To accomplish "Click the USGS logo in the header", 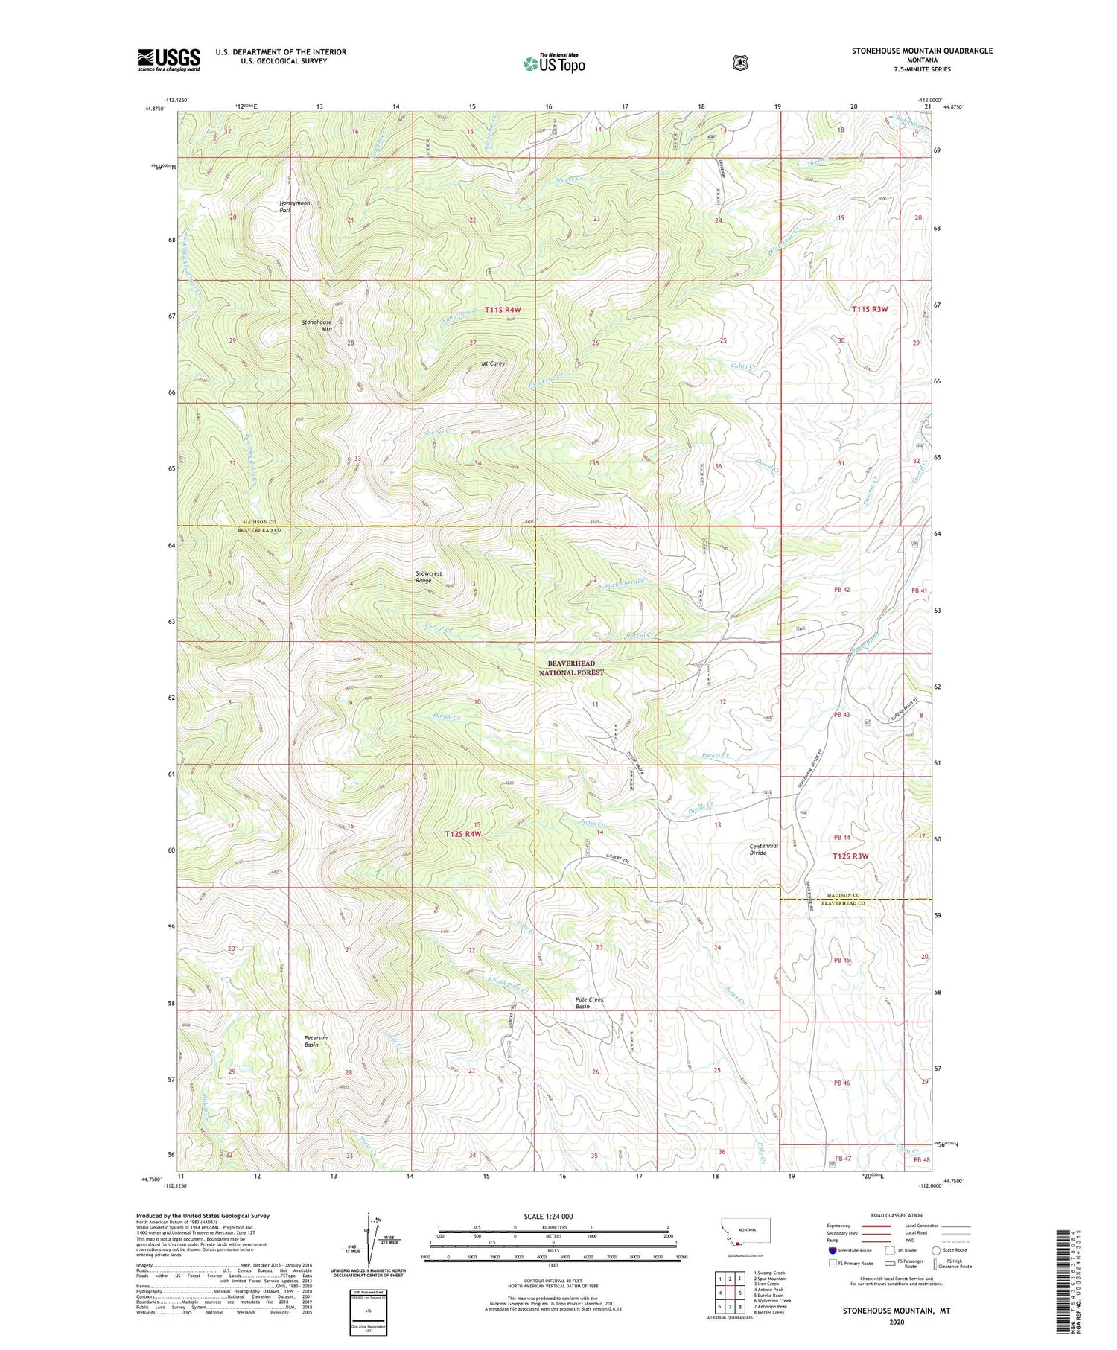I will point(169,60).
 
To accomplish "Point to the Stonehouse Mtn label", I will point(316,325).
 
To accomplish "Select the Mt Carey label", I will point(493,364).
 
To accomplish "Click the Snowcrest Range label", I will point(429,577).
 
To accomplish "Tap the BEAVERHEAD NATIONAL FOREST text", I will point(571,667).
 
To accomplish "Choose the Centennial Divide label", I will point(764,850).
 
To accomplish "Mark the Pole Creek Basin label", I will point(591,1002).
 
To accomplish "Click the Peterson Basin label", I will point(316,1041).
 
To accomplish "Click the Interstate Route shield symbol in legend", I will point(832,1250).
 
